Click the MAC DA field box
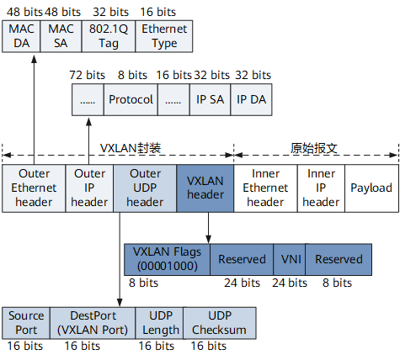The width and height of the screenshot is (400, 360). [x=21, y=36]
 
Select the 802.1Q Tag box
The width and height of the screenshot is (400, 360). [x=109, y=36]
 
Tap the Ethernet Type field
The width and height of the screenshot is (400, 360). [x=164, y=36]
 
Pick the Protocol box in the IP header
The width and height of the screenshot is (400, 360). [x=131, y=99]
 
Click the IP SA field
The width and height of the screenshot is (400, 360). [x=210, y=99]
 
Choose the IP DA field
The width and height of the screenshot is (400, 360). [x=251, y=99]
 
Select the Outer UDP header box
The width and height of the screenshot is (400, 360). [x=145, y=188]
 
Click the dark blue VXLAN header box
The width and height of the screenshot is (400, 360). [x=205, y=188]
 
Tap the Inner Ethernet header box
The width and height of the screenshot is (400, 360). [x=265, y=188]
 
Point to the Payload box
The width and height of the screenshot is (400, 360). [x=371, y=188]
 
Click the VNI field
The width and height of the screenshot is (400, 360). [x=290, y=259]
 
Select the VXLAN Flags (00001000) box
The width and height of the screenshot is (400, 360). [x=167, y=259]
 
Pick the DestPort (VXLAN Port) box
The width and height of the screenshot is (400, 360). [x=93, y=323]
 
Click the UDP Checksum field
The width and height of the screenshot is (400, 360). [x=220, y=323]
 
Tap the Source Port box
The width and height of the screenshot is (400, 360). [x=26, y=323]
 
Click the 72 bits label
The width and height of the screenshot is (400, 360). [x=88, y=75]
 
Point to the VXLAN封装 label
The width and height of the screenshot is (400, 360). [x=131, y=148]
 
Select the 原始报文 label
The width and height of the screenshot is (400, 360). [x=313, y=148]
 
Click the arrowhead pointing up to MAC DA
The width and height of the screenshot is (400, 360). [x=34, y=59]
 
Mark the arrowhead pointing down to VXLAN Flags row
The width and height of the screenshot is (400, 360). [x=208, y=239]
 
